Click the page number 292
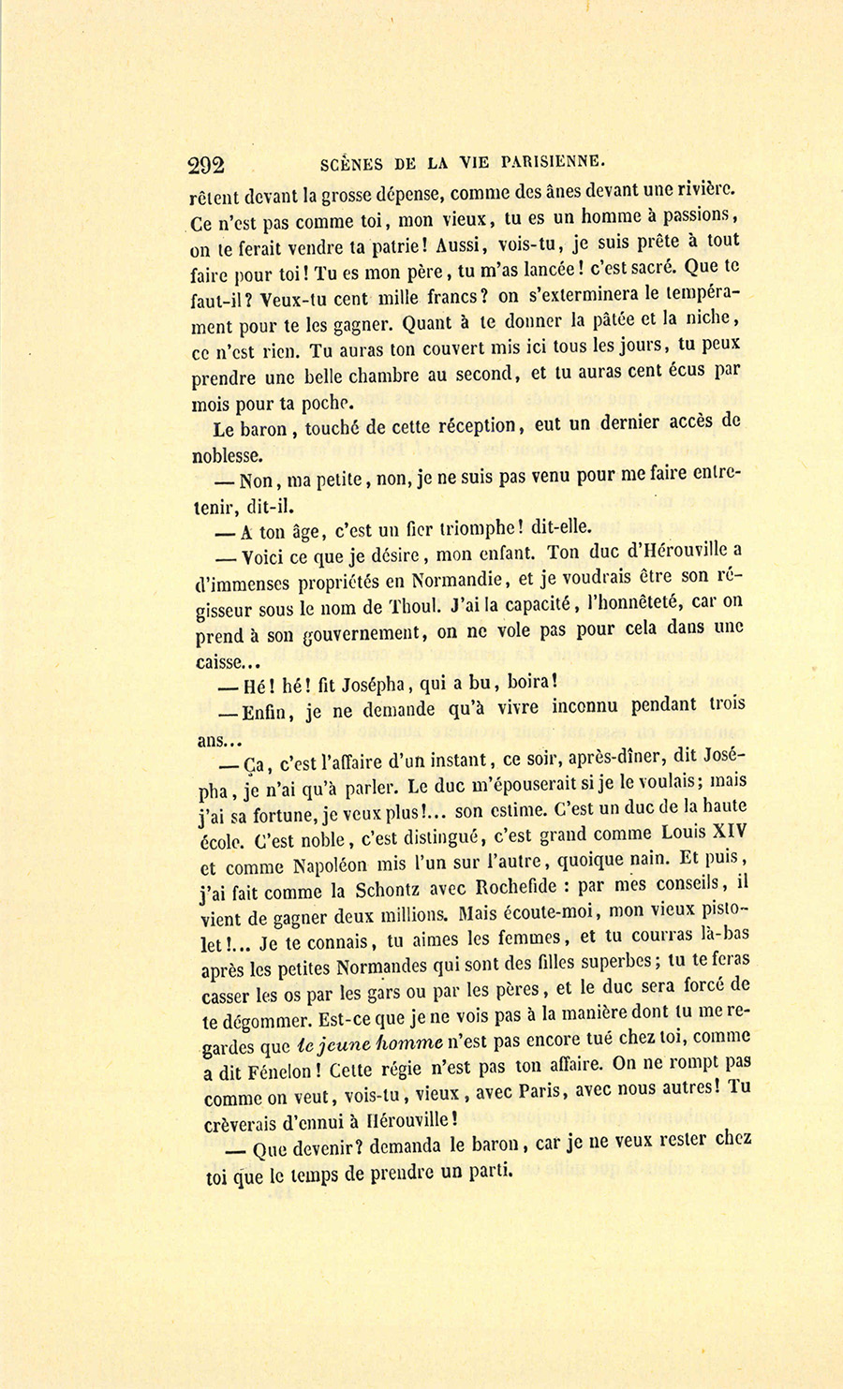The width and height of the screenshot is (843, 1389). pyautogui.click(x=206, y=166)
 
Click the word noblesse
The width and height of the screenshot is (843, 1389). pyautogui.click(x=227, y=456)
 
